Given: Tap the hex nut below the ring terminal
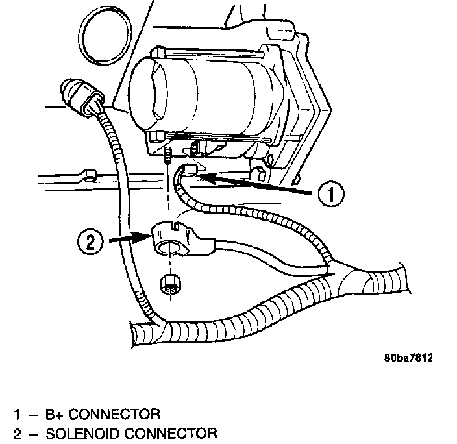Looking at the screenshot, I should pos(169,284).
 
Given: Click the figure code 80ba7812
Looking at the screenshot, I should pos(407,358).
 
